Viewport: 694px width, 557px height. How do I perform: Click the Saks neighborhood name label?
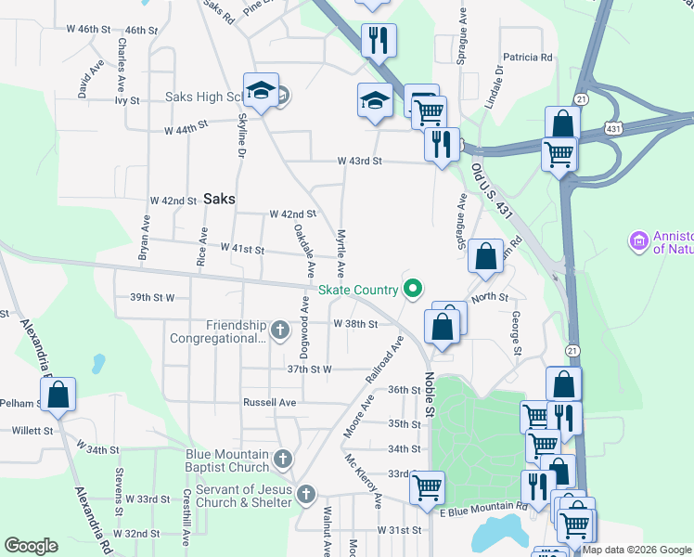[x=218, y=199]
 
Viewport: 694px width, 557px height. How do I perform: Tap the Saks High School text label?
[x=204, y=97]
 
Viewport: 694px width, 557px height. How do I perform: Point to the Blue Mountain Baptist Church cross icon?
[x=283, y=459]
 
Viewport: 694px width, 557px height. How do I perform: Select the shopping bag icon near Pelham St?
[x=58, y=395]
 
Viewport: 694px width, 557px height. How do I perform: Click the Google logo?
[x=31, y=546]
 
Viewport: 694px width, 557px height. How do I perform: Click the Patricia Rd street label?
[x=528, y=57]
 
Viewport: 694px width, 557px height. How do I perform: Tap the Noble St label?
[x=430, y=395]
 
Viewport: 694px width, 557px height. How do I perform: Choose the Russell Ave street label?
[x=269, y=403]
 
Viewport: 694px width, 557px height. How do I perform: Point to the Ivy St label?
[x=127, y=100]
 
